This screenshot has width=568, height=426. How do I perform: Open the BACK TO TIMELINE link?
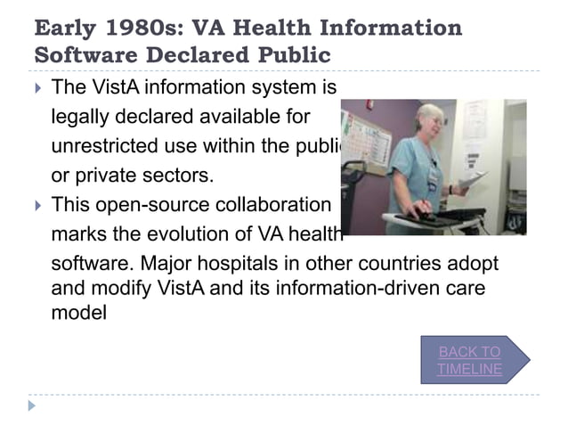(x=469, y=360)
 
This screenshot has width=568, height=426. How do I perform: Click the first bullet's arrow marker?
(x=36, y=88)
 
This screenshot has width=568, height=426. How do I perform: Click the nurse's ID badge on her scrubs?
(x=433, y=175)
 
